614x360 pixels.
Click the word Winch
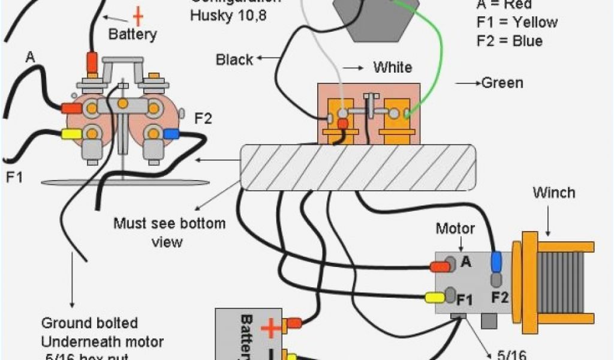click(x=553, y=193)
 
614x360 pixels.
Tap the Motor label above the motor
click(x=455, y=229)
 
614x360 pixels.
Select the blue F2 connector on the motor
click(x=496, y=262)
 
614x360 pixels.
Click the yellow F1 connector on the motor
click(x=434, y=297)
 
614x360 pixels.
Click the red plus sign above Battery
click(x=138, y=14)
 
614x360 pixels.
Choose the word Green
click(x=502, y=83)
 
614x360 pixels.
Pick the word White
click(x=393, y=67)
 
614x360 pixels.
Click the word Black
click(x=234, y=59)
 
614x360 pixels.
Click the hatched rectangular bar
click(x=359, y=166)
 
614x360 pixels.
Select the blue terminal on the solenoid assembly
click(x=171, y=133)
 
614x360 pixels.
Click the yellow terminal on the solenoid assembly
click(x=71, y=133)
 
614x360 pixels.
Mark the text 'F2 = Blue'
click(x=509, y=41)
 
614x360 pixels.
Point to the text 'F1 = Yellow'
click(x=516, y=23)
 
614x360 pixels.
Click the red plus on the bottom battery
click(x=270, y=328)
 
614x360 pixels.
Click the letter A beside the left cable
click(x=30, y=58)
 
